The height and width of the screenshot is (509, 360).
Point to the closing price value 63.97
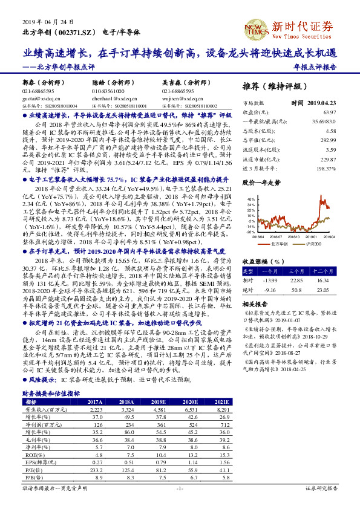tap(329, 112)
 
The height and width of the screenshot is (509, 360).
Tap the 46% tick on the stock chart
tap(250, 199)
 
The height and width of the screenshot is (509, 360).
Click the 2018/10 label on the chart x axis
tap(300, 237)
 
